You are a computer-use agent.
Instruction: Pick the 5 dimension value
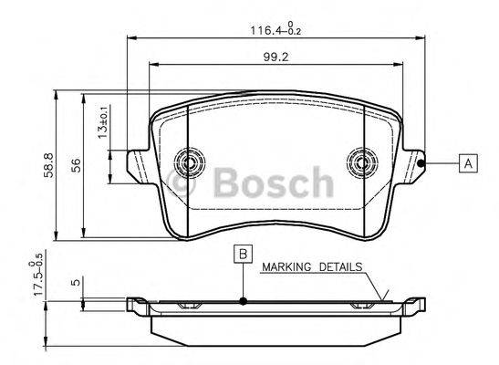coord(78,282)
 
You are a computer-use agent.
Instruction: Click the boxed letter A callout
coord(467,163)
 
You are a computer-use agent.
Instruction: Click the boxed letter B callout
coord(242,255)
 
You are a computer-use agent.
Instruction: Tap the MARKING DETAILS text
coord(311,267)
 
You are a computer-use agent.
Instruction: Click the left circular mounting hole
coord(191,164)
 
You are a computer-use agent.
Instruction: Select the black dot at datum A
coord(422,164)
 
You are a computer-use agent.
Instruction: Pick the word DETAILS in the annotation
coord(339,267)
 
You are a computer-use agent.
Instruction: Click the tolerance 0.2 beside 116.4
coord(294,33)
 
